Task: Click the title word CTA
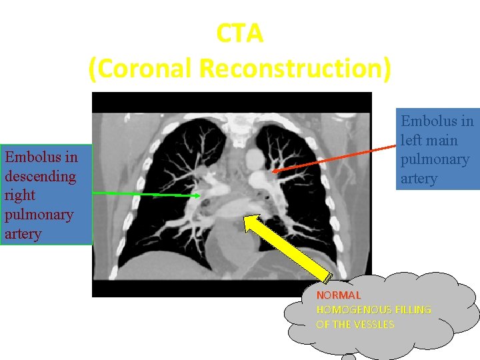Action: [x=240, y=34]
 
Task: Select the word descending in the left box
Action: [x=40, y=177]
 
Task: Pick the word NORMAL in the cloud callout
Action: [x=339, y=295]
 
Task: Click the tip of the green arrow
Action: [x=201, y=195]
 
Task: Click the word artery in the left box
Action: [x=23, y=234]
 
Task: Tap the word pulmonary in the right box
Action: [x=435, y=159]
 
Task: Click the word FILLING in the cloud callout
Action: [x=413, y=309]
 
